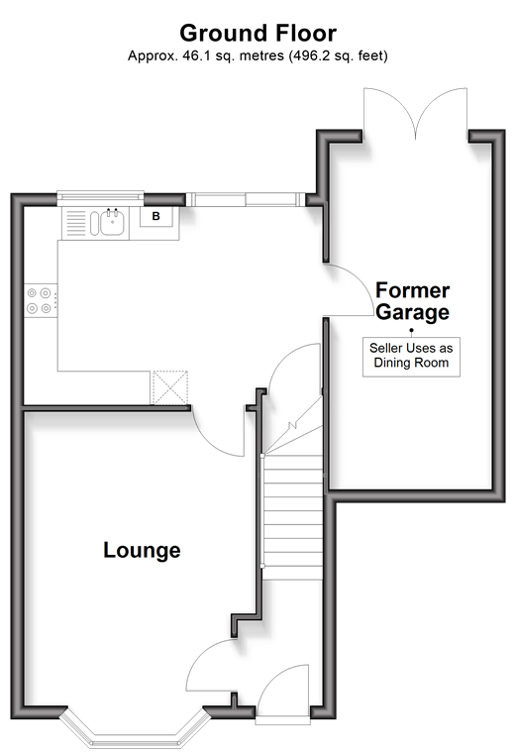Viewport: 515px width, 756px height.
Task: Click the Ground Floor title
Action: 257,34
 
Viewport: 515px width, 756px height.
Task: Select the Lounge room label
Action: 142,550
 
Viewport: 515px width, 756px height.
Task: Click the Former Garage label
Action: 412,301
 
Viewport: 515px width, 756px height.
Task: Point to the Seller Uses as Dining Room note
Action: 411,356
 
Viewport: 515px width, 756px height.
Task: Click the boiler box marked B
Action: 156,216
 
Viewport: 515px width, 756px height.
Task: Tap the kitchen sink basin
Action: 112,223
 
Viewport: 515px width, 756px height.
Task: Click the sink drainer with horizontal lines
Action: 75,223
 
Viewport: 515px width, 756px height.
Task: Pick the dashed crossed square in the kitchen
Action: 170,387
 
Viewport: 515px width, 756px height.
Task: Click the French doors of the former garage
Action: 415,115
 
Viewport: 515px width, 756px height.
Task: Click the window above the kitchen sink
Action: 100,196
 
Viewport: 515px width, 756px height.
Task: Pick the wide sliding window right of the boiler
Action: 246,199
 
